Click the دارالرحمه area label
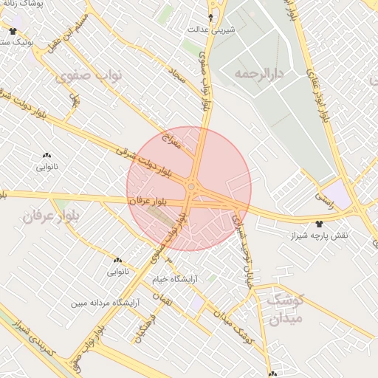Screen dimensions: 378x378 259,74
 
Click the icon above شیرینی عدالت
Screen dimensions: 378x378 212,17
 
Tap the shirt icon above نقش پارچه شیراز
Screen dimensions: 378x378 319,223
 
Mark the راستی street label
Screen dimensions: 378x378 323,198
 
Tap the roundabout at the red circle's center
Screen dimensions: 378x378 191,187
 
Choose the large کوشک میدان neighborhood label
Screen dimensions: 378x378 275,309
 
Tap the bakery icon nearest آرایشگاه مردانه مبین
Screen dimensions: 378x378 117,261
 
